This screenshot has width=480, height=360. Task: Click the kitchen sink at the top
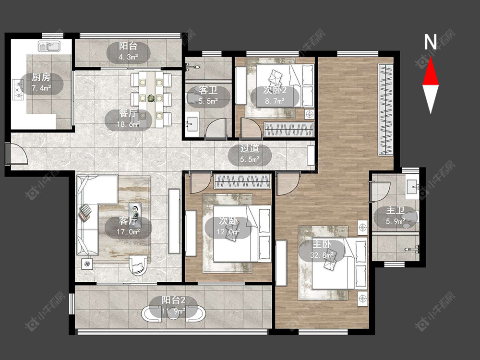tap(49, 46)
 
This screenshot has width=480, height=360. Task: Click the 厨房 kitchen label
tap(41, 77)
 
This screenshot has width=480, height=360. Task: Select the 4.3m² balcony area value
tap(128, 57)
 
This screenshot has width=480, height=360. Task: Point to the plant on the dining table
tap(151, 98)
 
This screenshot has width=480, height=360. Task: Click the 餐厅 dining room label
tap(128, 114)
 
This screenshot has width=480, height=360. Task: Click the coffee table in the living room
tap(135, 210)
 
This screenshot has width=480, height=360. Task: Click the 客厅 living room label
tap(128, 221)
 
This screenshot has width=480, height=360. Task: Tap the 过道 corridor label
tap(250, 148)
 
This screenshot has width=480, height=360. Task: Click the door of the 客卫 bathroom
tap(216, 128)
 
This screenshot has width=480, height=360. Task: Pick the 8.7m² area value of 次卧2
tap(275, 101)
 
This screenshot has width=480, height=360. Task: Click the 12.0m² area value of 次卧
tap(228, 232)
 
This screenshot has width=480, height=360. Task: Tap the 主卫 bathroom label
tap(396, 210)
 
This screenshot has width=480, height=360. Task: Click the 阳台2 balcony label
tap(174, 300)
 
